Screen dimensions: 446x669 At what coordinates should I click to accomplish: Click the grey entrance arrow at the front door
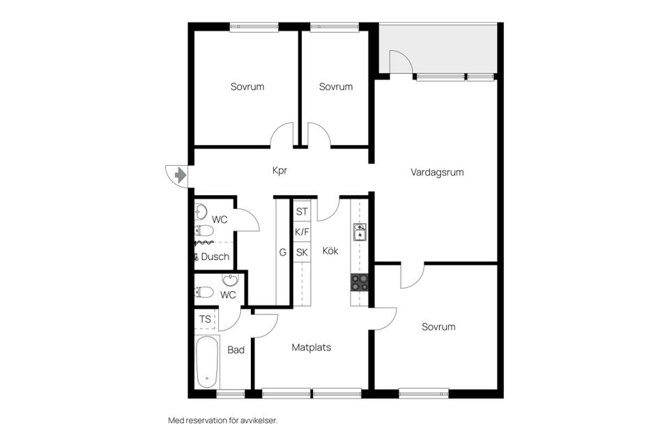180,175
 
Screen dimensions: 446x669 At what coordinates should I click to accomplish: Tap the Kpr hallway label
279,170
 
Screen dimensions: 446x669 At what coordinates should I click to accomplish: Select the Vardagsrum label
437,171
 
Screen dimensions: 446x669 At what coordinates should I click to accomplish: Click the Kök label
330,251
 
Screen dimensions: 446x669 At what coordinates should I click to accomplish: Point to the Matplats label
311,346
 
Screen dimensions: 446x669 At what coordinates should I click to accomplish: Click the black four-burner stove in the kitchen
360,282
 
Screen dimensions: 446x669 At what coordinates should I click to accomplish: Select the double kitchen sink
360,232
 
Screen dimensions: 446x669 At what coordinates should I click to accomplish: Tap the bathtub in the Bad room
207,362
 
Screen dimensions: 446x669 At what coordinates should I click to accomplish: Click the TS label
205,319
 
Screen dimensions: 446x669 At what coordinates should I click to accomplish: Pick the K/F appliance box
302,231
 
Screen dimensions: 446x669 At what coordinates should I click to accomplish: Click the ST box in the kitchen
302,211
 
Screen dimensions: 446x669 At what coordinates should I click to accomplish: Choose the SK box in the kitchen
302,252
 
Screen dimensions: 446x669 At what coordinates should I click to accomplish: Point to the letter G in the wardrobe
283,252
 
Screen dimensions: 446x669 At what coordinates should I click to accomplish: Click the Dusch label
215,256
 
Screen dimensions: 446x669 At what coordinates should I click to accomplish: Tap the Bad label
236,350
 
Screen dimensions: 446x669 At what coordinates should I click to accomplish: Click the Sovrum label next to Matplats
438,327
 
